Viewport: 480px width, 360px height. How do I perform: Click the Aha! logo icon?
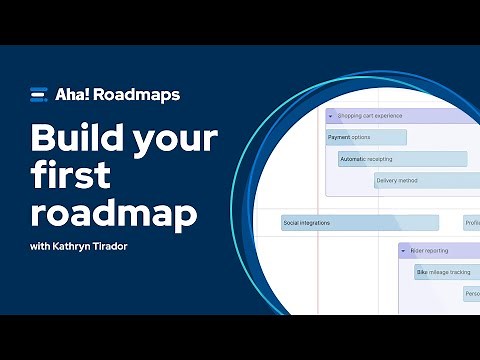pyautogui.click(x=39, y=96)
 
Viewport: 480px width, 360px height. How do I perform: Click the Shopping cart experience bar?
pyautogui.click(x=400, y=116)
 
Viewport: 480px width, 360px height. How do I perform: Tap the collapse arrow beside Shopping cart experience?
pyautogui.click(x=330, y=116)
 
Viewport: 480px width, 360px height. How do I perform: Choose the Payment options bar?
pyautogui.click(x=365, y=137)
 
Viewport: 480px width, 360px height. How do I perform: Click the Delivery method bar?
pyautogui.click(x=425, y=181)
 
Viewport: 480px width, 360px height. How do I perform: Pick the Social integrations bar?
pyautogui.click(x=358, y=223)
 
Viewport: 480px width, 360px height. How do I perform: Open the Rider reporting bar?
pyautogui.click(x=440, y=251)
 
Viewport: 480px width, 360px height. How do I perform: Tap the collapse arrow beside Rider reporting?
pyautogui.click(x=403, y=251)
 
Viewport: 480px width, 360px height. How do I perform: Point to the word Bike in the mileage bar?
pyautogui.click(x=422, y=272)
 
